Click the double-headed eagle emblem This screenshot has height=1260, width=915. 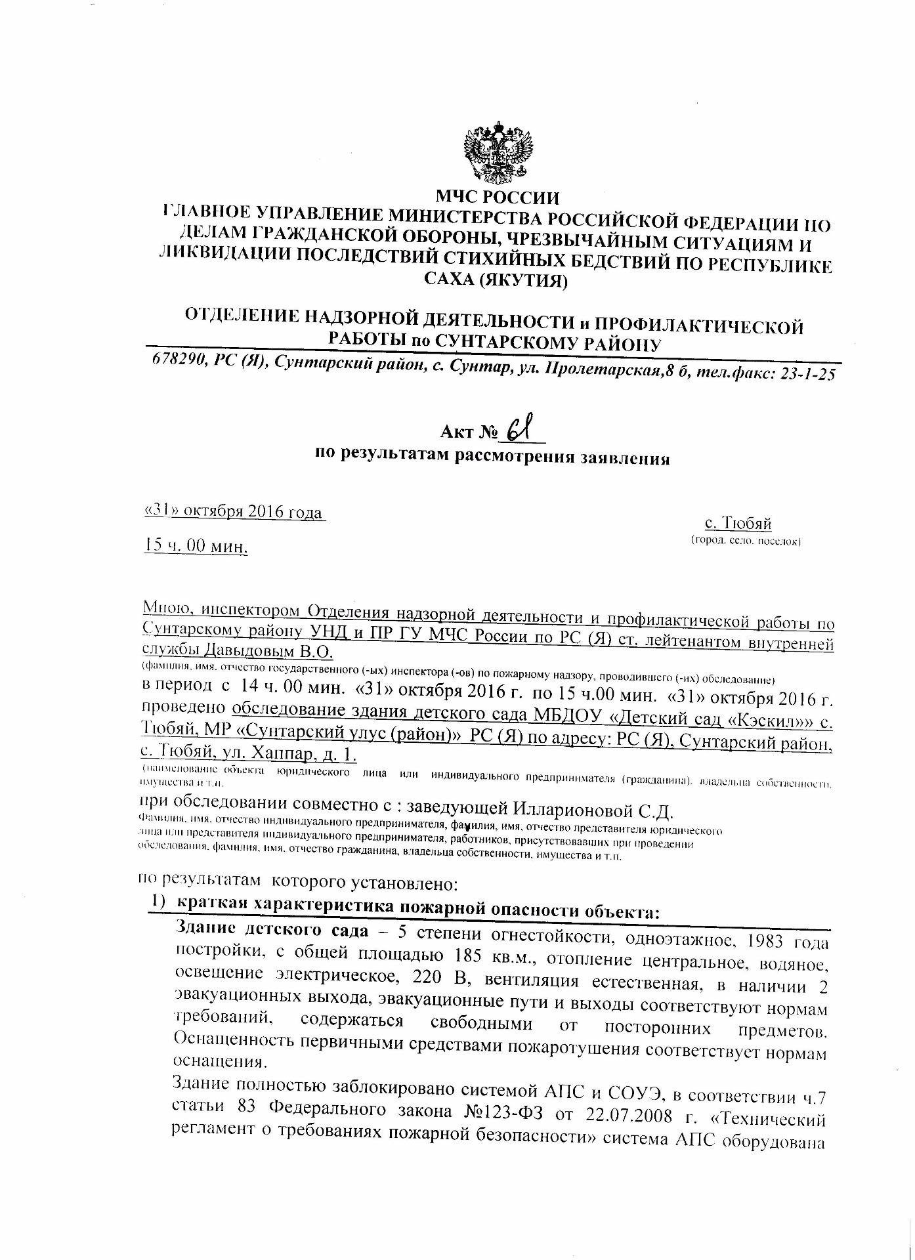(498, 153)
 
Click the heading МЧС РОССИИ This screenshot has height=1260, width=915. (498, 197)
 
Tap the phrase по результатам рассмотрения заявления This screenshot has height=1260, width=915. (492, 457)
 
